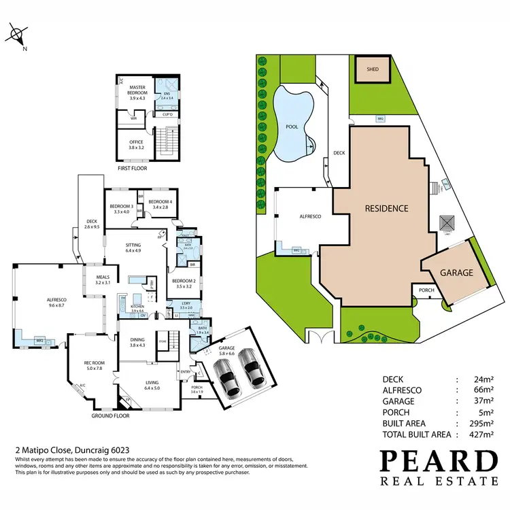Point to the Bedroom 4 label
pos(160,203)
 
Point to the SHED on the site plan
pos(372,69)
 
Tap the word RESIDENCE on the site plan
pos(386,209)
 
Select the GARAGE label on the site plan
pos(456,272)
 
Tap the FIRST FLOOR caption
pos(132,168)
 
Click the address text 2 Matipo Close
pos(39,450)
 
